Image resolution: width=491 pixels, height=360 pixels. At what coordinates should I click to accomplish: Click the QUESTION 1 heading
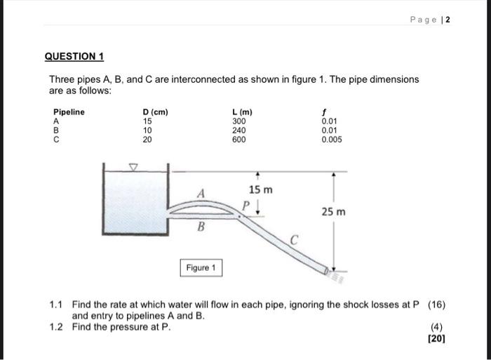(x=74, y=56)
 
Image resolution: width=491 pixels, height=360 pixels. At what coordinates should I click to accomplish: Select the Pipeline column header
(x=69, y=112)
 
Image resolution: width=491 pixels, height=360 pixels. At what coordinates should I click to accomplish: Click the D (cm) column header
(x=155, y=112)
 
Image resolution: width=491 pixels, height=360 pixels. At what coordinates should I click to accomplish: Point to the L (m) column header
(x=242, y=112)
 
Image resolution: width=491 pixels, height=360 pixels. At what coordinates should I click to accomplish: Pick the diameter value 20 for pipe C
(x=147, y=139)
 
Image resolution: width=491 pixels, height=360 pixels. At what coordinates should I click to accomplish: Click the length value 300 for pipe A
(x=238, y=121)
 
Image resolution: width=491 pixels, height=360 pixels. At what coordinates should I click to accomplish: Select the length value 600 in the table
(x=238, y=139)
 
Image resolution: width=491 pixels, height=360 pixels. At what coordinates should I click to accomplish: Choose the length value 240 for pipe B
(x=238, y=130)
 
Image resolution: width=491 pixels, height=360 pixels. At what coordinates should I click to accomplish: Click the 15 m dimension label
(x=261, y=190)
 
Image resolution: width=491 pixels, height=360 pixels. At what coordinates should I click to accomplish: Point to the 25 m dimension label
(x=333, y=211)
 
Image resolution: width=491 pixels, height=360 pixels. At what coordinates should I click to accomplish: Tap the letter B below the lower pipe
(x=201, y=226)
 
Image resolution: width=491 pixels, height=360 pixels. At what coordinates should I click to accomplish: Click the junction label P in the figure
(x=246, y=205)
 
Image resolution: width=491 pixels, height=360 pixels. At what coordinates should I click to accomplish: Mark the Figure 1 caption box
(x=201, y=268)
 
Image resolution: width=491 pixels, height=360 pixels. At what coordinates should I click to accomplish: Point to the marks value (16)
(x=436, y=305)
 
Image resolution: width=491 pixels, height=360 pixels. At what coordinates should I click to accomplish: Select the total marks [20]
(x=436, y=338)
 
